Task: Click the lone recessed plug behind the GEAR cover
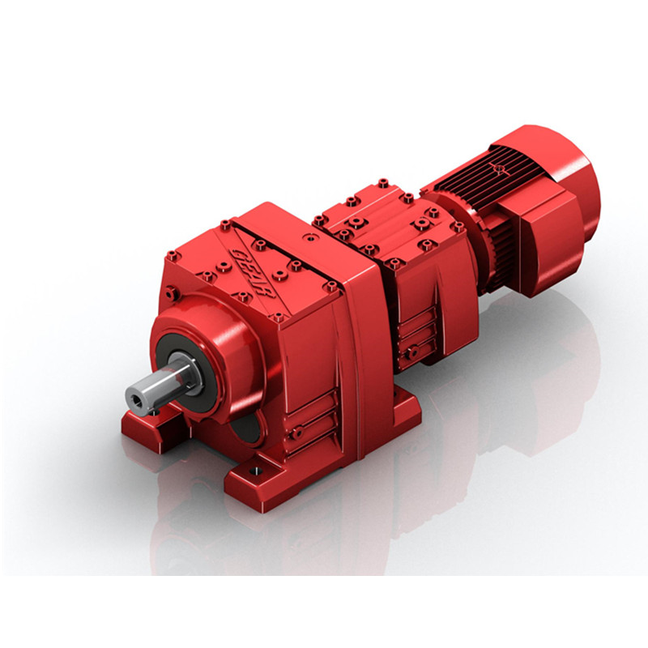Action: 309,240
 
